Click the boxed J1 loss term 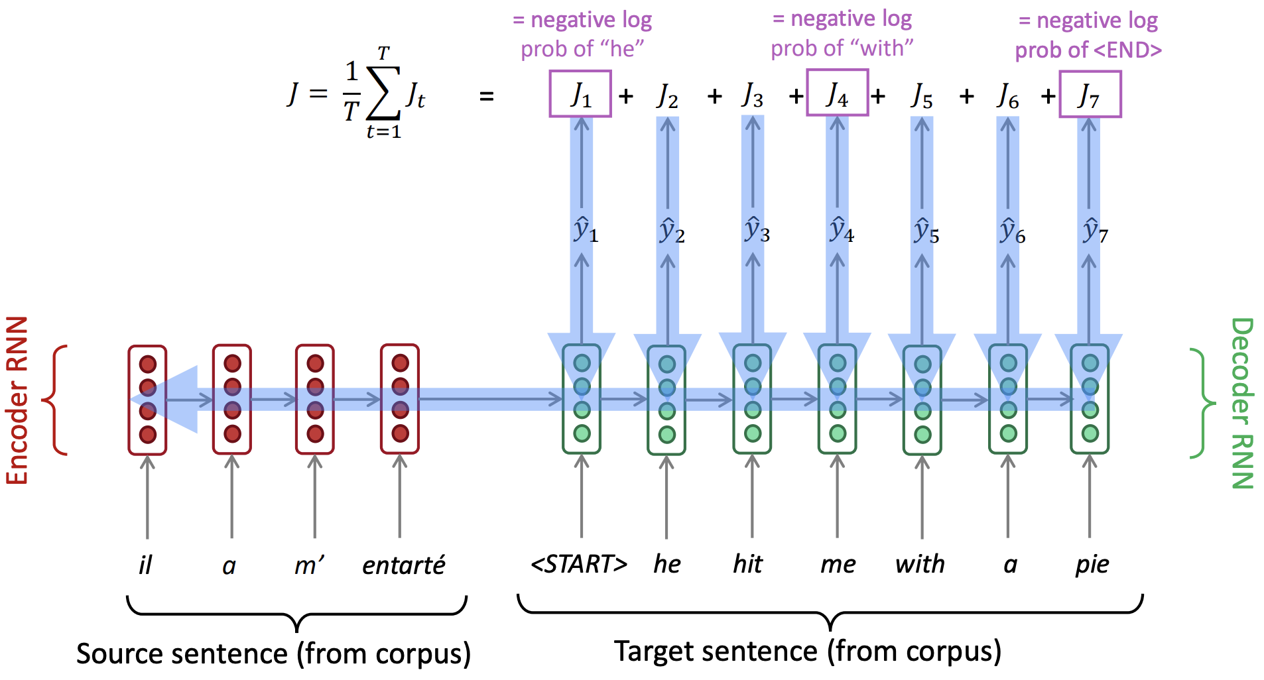[x=580, y=95]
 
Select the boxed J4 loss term [x=837, y=95]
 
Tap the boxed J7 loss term [x=1090, y=95]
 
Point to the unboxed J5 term [x=922, y=96]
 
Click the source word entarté [x=403, y=565]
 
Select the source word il [x=145, y=565]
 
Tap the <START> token [x=579, y=564]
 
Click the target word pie [x=1092, y=565]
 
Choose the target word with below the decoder [x=920, y=564]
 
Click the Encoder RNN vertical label [x=18, y=400]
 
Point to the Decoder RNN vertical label [x=1241, y=403]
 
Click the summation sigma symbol [x=383, y=93]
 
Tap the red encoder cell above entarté [x=400, y=399]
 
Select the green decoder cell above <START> [x=582, y=399]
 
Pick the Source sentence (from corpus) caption [x=273, y=653]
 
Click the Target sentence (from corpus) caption [x=807, y=652]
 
